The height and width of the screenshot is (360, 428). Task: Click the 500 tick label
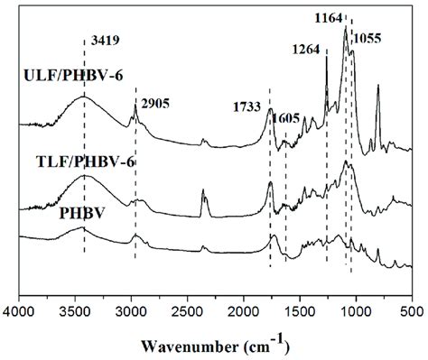point(407,312)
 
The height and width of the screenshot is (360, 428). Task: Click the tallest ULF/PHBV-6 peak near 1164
point(345,28)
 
